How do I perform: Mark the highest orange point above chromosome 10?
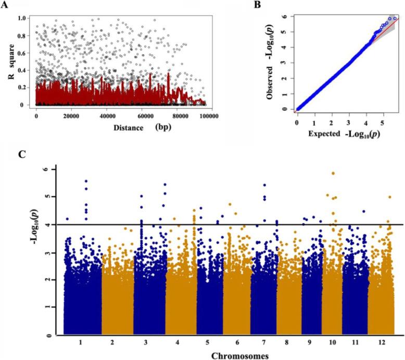(x=333, y=173)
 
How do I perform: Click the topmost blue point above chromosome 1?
(x=86, y=181)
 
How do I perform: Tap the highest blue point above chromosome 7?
(x=265, y=185)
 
